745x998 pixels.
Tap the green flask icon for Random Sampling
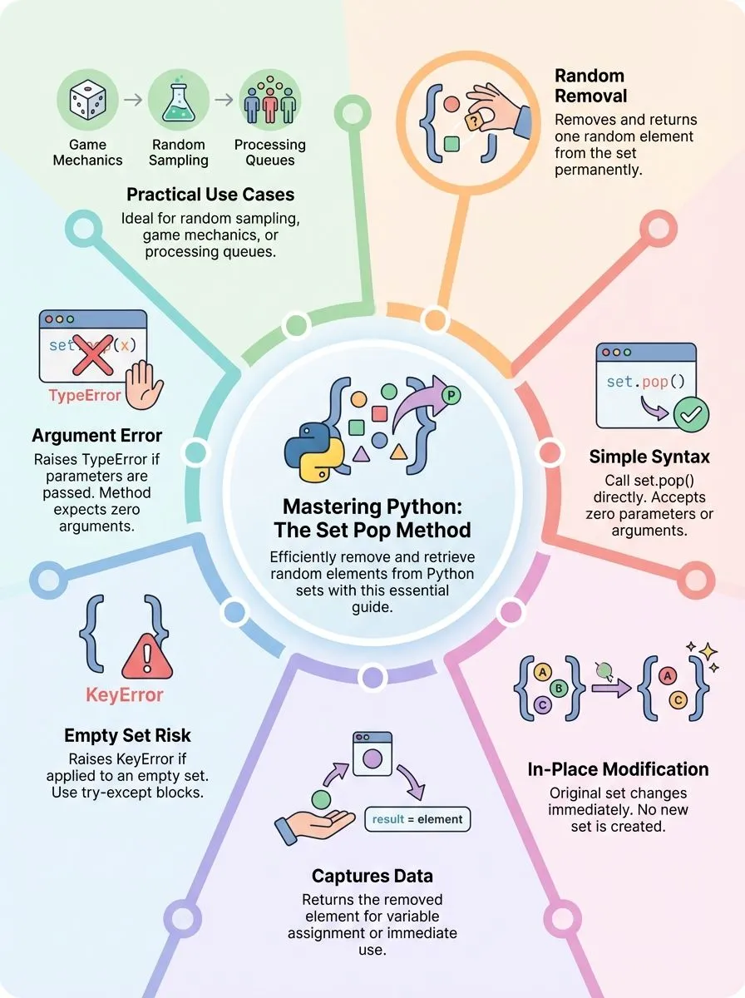tap(179, 102)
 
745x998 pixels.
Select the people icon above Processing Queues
tap(269, 102)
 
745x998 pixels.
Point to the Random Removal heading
tap(590, 86)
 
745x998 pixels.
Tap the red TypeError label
tap(85, 395)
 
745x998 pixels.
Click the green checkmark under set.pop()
tap(690, 414)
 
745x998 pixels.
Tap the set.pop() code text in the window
tap(645, 382)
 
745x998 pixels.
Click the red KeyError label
tap(125, 695)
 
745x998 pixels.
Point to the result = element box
tap(417, 819)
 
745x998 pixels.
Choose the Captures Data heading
tap(372, 876)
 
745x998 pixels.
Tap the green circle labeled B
tap(559, 688)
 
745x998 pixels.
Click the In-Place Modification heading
tap(618, 769)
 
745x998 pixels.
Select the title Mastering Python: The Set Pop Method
tap(377, 518)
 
